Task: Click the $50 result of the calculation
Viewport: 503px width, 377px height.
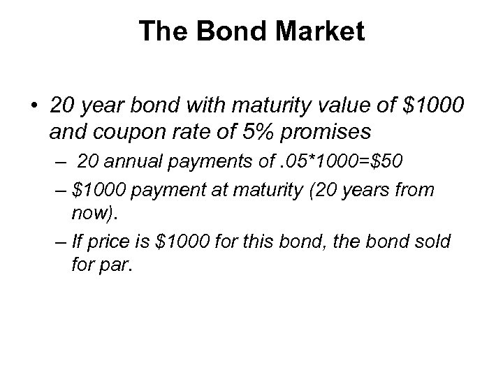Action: click(384, 163)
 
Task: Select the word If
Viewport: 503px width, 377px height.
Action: click(77, 241)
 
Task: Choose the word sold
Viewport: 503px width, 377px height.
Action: click(436, 241)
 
